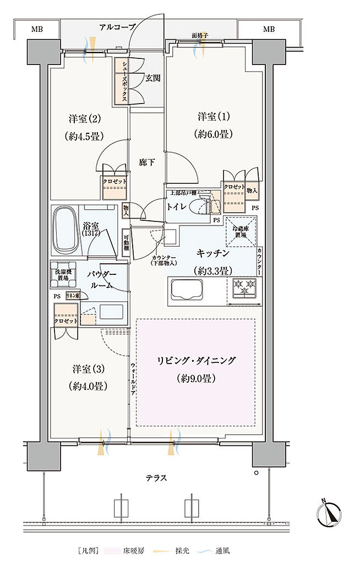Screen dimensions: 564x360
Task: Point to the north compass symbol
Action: pyautogui.click(x=330, y=513)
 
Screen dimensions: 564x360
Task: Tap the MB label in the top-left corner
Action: pyautogui.click(x=37, y=29)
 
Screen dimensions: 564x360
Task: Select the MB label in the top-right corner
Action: pyautogui.click(x=269, y=29)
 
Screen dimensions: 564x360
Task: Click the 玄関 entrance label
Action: pyautogui.click(x=153, y=78)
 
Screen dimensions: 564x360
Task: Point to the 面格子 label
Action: pyautogui.click(x=199, y=36)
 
